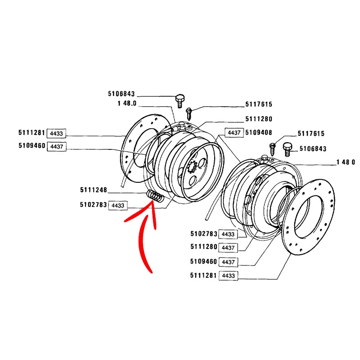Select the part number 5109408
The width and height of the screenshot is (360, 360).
(259, 133)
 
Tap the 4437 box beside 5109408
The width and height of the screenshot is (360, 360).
(234, 133)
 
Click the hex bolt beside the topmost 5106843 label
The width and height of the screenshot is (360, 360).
(179, 99)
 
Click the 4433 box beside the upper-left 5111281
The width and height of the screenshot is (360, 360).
(58, 133)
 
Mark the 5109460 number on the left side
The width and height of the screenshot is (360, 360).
(31, 146)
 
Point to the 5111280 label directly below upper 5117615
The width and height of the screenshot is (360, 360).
(259, 119)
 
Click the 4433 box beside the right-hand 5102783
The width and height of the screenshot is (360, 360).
(228, 234)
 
